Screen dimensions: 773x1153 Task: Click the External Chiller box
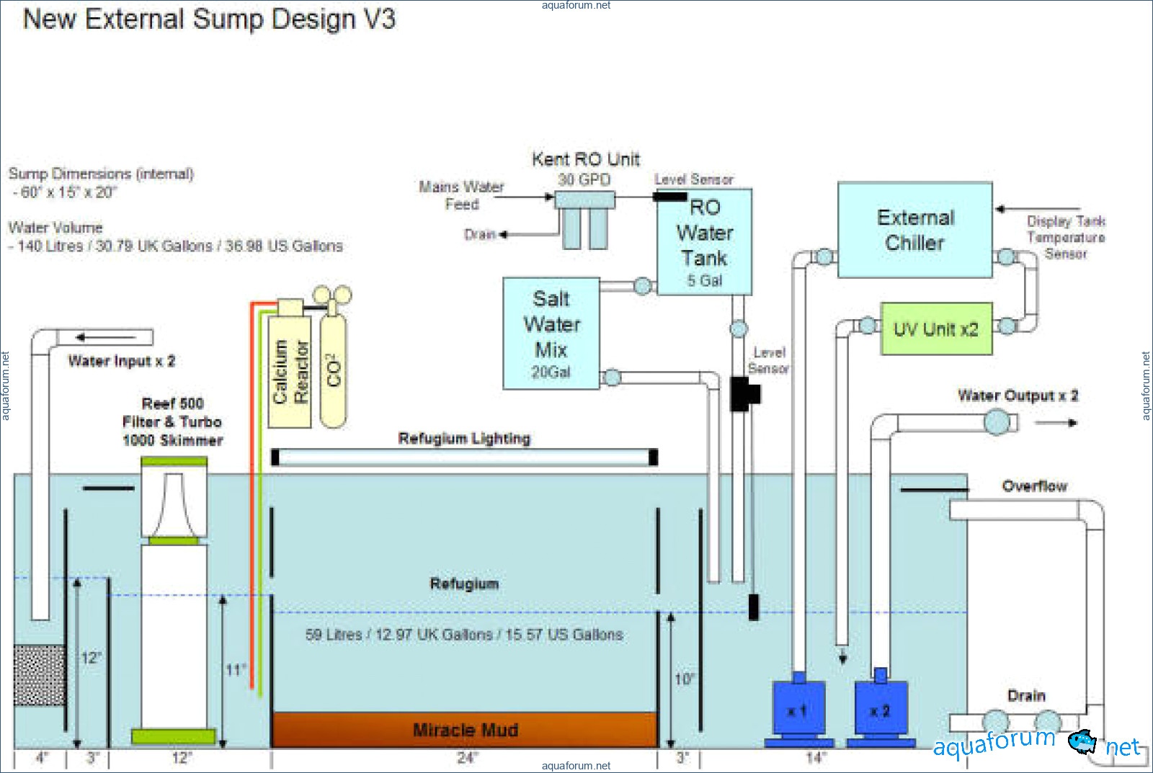tap(914, 230)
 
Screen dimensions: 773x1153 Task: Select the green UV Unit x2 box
tap(936, 329)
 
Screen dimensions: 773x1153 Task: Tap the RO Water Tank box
tap(704, 241)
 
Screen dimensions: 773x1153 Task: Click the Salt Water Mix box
tap(551, 333)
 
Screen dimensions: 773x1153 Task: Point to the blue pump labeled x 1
tap(798, 710)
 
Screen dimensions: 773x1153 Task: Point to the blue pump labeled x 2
tap(880, 710)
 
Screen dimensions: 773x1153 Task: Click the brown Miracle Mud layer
tap(465, 730)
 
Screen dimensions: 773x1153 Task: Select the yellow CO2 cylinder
tap(333, 370)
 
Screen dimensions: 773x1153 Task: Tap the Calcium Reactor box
tap(290, 371)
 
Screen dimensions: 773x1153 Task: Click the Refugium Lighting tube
tap(465, 457)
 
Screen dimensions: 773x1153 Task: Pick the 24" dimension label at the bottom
tap(467, 758)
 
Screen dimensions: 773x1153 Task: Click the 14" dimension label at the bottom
tap(815, 758)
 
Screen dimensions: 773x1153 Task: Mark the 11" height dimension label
tap(236, 670)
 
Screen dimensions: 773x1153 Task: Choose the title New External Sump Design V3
tap(209, 19)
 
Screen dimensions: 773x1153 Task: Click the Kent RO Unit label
tap(585, 159)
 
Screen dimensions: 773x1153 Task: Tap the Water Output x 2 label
tap(1018, 396)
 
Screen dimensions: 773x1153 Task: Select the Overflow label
tap(1034, 486)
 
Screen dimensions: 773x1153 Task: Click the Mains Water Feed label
tap(461, 195)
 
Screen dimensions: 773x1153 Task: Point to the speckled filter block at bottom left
tap(40, 675)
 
